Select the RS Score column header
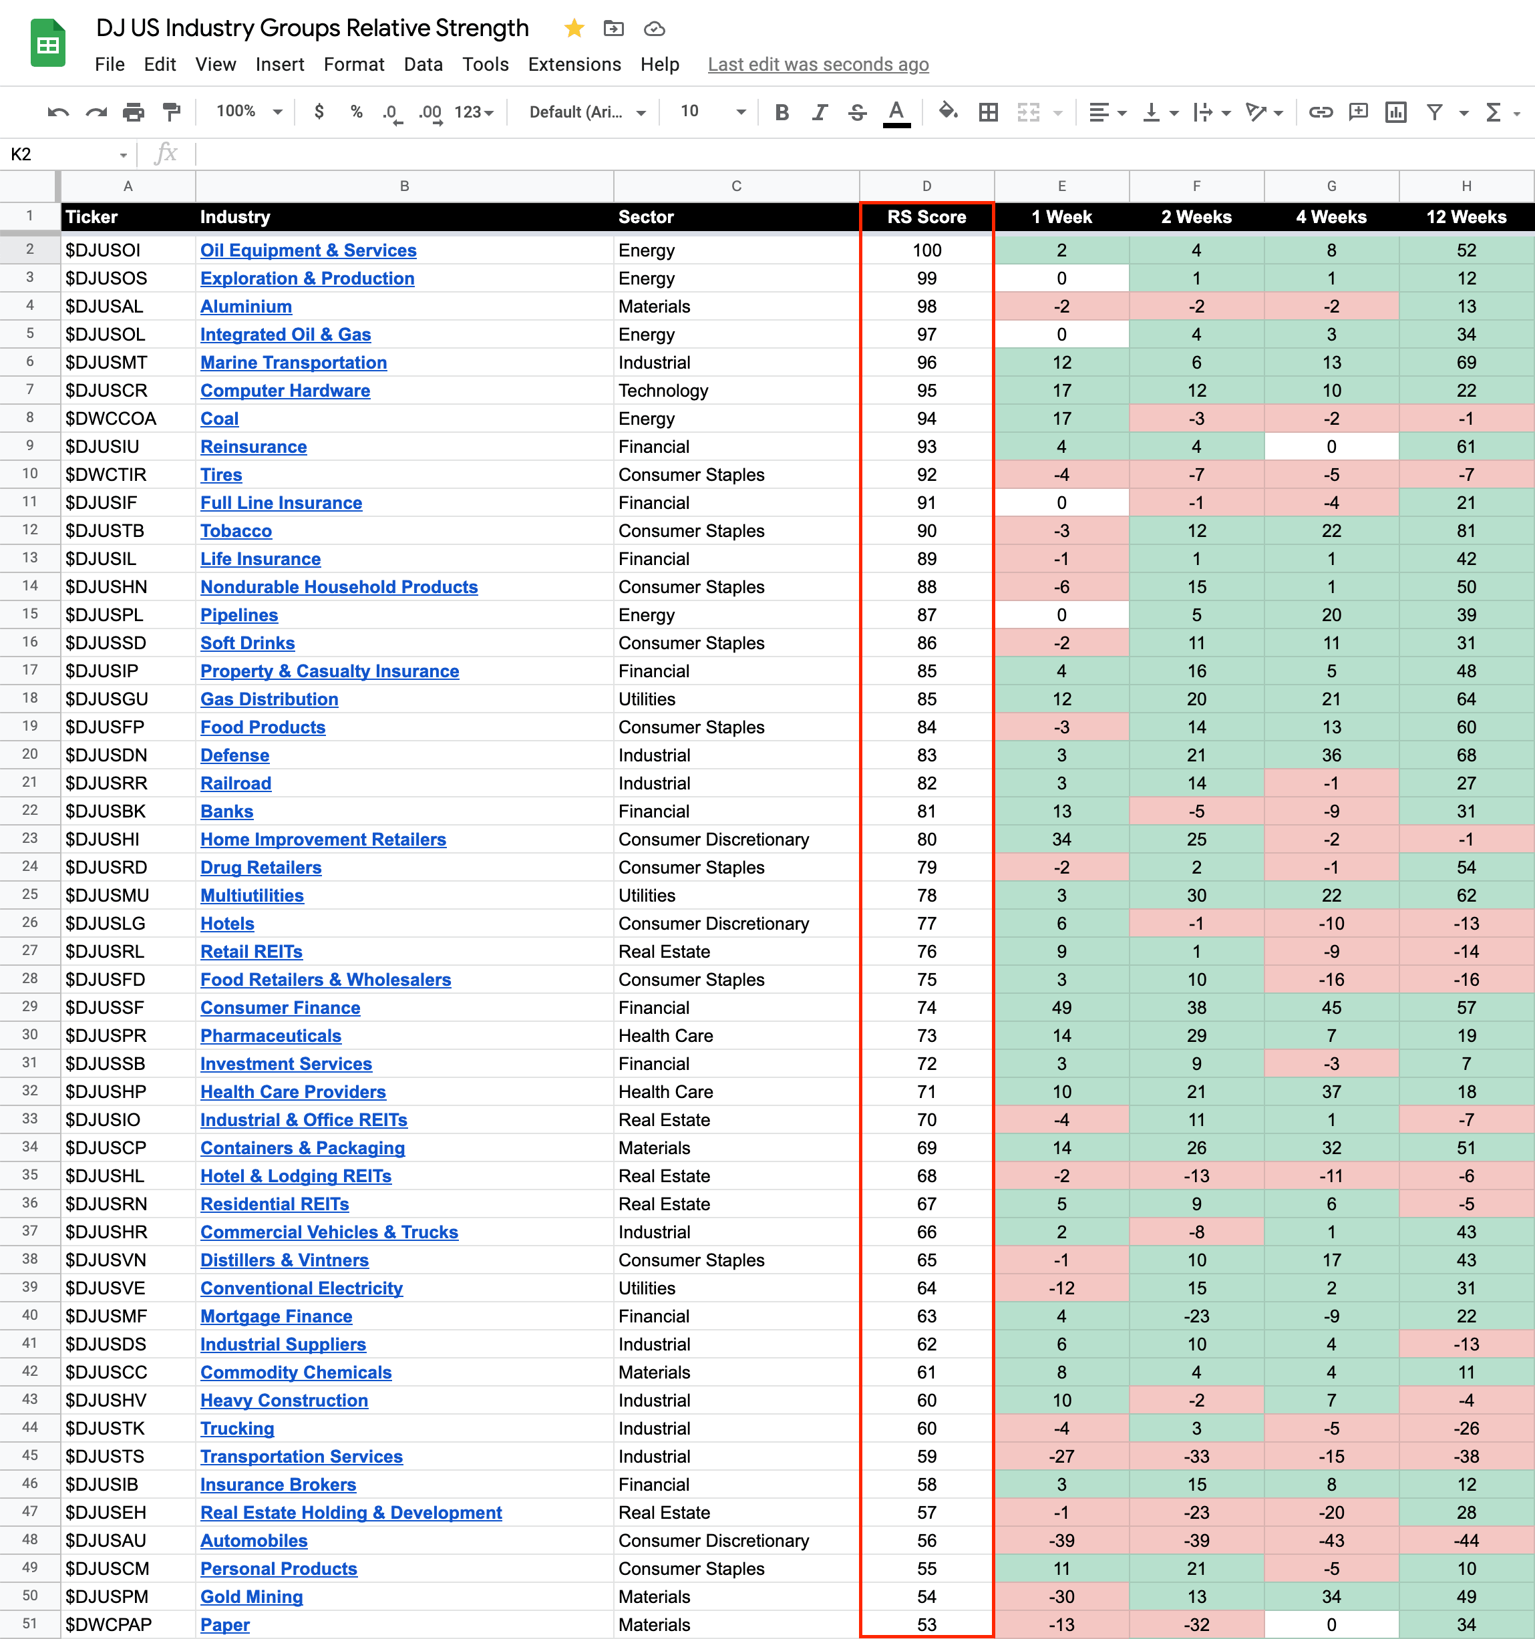[926, 217]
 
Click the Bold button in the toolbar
[782, 112]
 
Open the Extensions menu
[574, 64]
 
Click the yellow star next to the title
[574, 29]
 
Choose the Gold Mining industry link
[251, 1596]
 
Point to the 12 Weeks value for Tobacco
[1465, 531]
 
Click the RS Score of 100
[926, 250]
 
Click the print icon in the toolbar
[134, 112]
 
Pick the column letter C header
[735, 186]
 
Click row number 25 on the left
[29, 894]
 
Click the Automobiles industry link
[253, 1540]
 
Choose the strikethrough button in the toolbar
[858, 112]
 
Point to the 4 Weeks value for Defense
[1331, 755]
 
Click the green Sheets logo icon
[48, 43]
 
